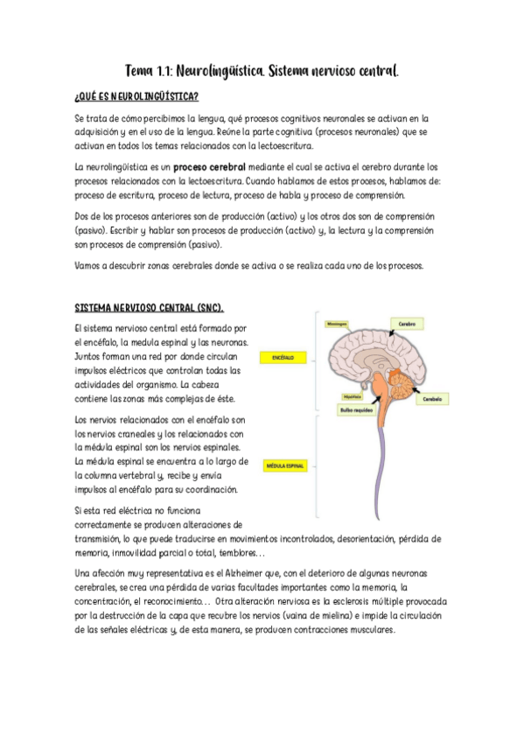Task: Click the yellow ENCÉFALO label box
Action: tap(283, 358)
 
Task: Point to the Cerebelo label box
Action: tap(431, 398)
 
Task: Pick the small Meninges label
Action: tap(336, 323)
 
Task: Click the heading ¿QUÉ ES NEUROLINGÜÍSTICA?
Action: tap(136, 95)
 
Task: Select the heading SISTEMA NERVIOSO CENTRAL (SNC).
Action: tap(149, 308)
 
